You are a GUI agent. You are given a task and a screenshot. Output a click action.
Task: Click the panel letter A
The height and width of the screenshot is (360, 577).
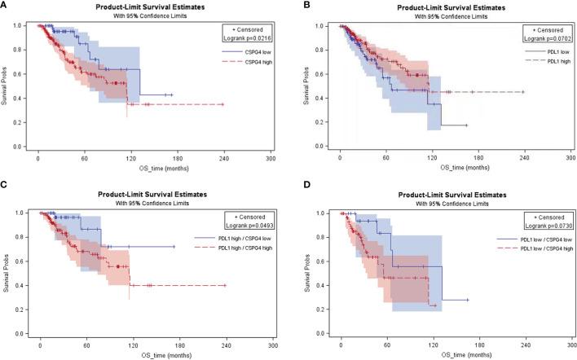pyautogui.click(x=5, y=5)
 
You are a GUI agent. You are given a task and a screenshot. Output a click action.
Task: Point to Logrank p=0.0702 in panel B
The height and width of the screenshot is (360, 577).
pyautogui.click(x=549, y=37)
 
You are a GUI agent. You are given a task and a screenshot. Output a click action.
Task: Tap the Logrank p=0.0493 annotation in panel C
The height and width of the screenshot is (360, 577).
pyautogui.click(x=250, y=225)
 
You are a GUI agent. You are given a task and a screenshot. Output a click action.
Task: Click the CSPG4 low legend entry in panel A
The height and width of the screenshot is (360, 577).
pyautogui.click(x=255, y=51)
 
